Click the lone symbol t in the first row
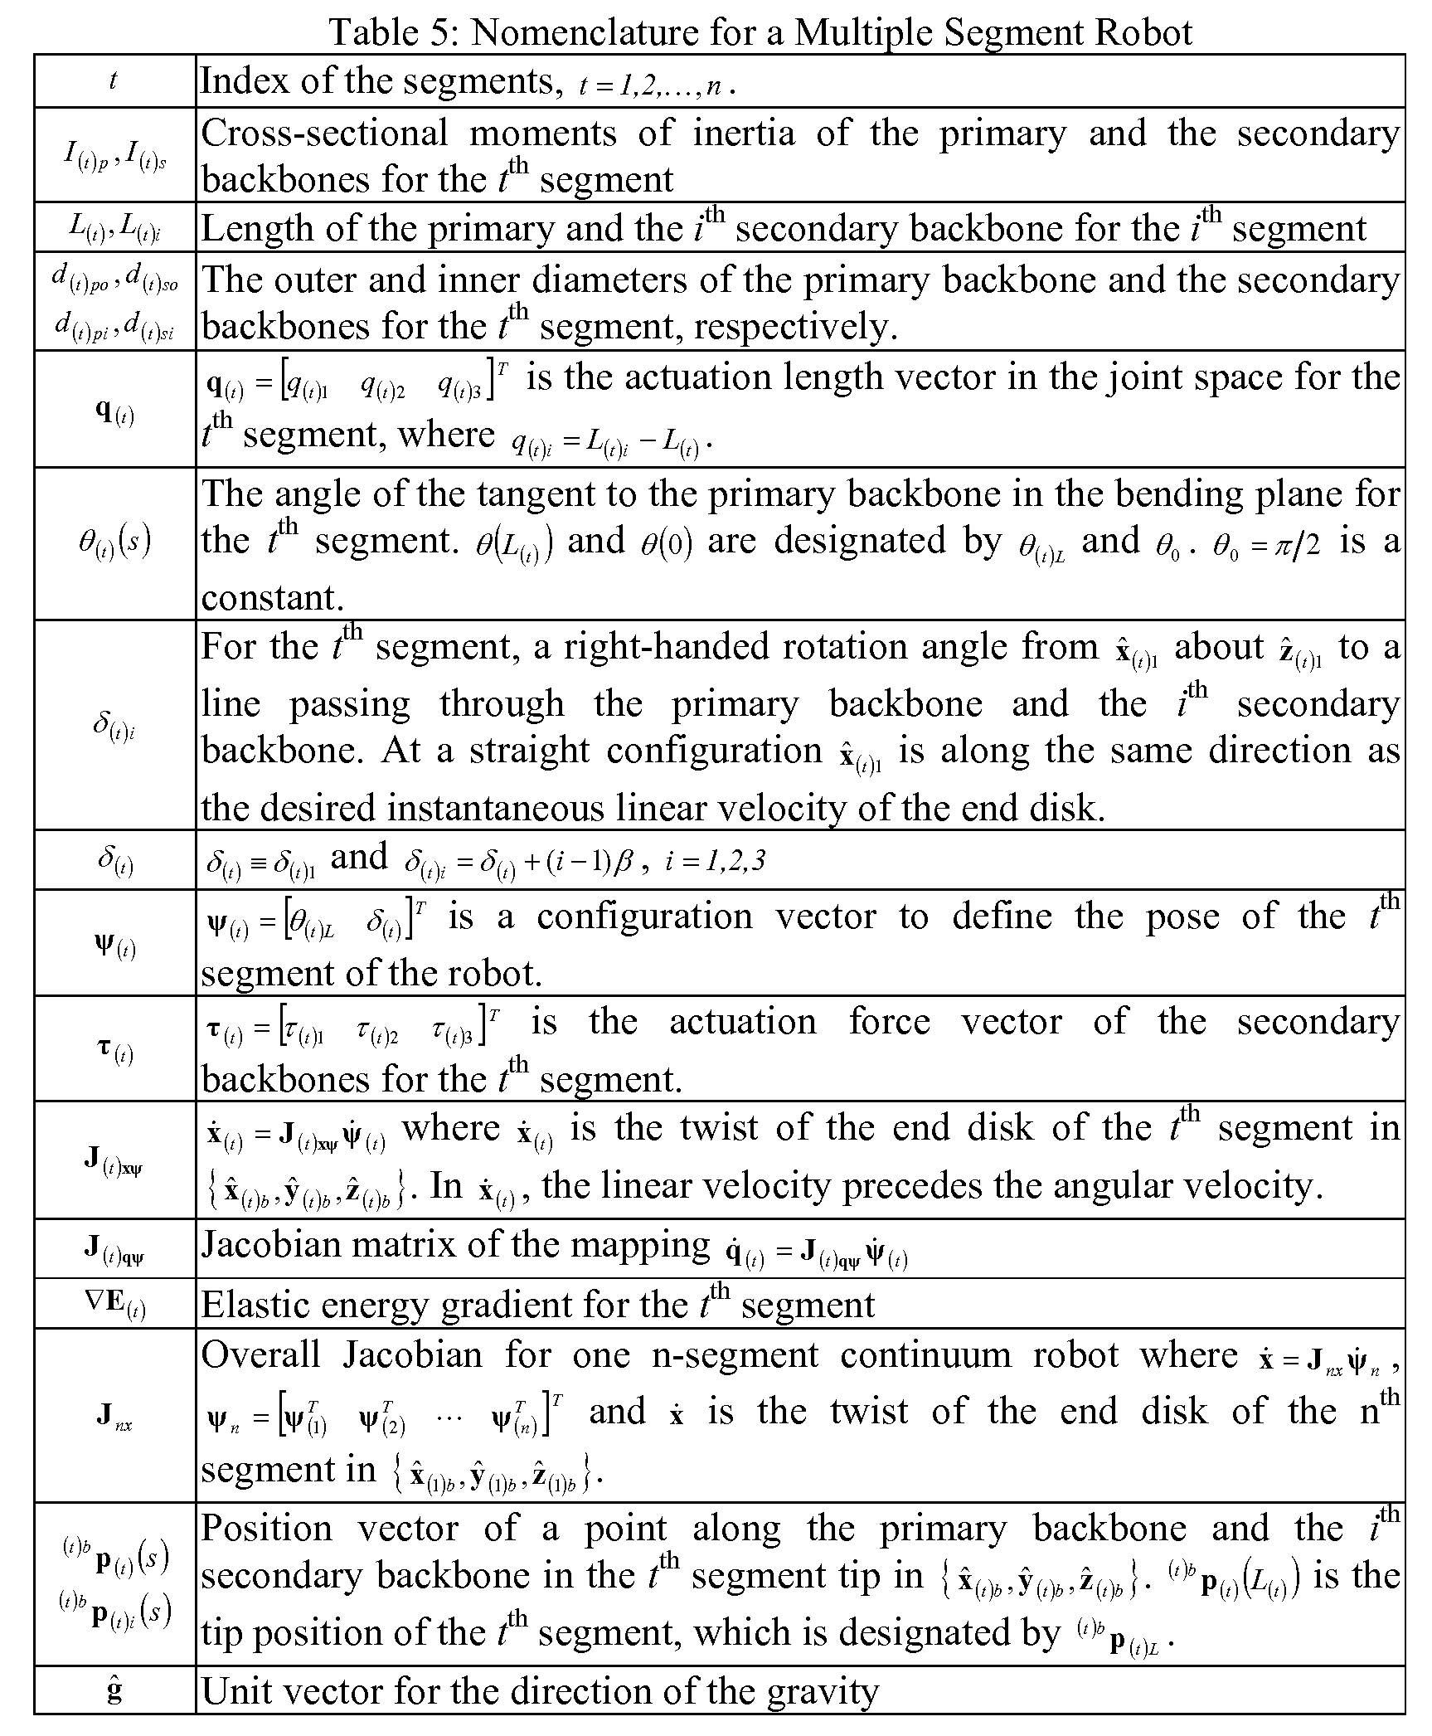114,81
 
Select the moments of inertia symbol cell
115,155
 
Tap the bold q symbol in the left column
115,410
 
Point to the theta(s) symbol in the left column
115,542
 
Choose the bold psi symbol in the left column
115,945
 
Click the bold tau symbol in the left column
115,1051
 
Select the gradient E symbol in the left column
115,1305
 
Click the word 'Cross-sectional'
324,133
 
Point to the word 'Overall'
260,1355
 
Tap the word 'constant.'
271,597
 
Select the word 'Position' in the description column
268,1528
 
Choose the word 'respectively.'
795,326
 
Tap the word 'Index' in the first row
238,81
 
